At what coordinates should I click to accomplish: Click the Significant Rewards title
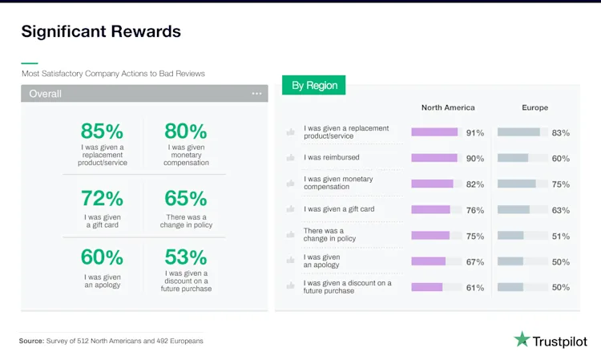(101, 31)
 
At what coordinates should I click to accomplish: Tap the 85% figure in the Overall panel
(102, 131)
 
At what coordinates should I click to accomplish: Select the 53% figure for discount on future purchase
(186, 257)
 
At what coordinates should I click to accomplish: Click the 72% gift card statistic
(102, 198)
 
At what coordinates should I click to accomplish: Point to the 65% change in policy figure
(186, 198)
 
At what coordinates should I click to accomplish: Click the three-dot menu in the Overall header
(256, 94)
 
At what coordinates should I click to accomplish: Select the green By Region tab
(314, 85)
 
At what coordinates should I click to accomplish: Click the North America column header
(448, 107)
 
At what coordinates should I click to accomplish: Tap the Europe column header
(534, 107)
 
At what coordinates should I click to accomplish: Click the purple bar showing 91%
(434, 132)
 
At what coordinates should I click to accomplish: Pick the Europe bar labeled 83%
(518, 132)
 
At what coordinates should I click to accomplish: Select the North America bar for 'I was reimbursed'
(434, 158)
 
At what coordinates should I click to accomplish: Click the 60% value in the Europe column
(560, 159)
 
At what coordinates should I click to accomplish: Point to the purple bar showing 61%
(426, 287)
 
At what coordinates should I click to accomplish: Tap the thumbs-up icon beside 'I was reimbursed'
(290, 158)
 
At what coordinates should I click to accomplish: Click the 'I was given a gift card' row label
(339, 209)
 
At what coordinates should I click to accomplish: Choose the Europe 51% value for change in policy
(560, 237)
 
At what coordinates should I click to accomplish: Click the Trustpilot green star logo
(522, 339)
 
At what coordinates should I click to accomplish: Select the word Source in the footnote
(31, 341)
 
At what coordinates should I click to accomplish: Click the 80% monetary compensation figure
(186, 131)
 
